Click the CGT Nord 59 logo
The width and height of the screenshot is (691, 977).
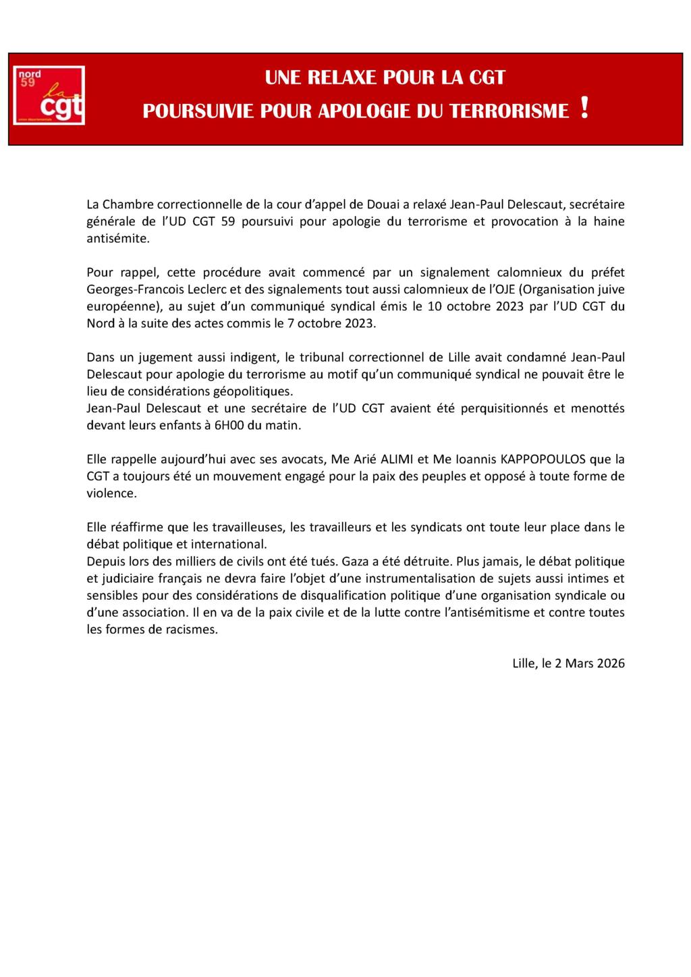(x=49, y=95)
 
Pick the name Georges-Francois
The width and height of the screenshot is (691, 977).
(x=130, y=289)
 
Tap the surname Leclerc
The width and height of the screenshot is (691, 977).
(x=202, y=289)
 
